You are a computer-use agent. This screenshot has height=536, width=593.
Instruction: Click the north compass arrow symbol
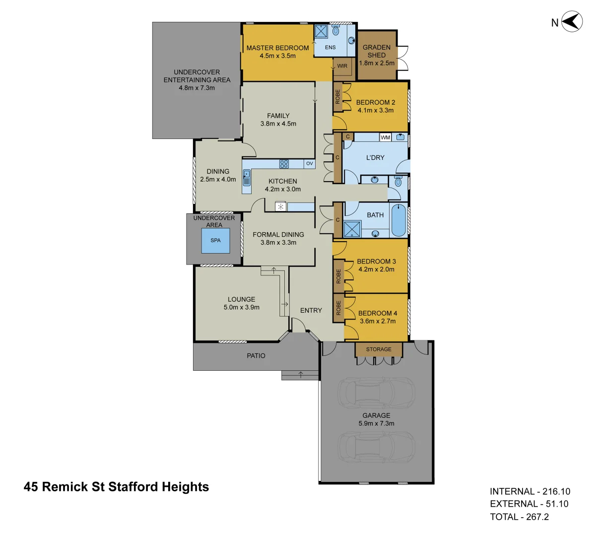572,22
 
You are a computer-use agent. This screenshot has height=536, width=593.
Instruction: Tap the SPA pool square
215,241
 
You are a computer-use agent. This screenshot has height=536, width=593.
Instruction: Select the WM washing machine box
385,137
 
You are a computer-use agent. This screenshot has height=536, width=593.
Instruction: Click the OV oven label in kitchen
309,163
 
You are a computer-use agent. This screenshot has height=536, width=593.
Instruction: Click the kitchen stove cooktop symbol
284,163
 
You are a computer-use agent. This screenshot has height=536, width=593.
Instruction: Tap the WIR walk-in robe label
342,66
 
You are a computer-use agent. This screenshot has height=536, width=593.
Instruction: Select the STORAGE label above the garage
379,349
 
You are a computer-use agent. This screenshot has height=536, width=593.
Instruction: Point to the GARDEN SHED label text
377,51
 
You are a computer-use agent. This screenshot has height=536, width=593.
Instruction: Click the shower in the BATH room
352,228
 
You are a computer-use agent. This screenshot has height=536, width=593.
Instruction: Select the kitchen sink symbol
247,175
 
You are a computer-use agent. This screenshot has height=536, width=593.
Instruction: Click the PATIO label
256,356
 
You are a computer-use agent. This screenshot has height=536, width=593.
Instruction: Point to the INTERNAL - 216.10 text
529,491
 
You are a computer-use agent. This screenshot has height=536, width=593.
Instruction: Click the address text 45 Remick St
116,487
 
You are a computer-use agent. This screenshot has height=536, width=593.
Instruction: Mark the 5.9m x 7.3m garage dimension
376,423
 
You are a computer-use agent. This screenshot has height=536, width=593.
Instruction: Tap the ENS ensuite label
330,48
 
